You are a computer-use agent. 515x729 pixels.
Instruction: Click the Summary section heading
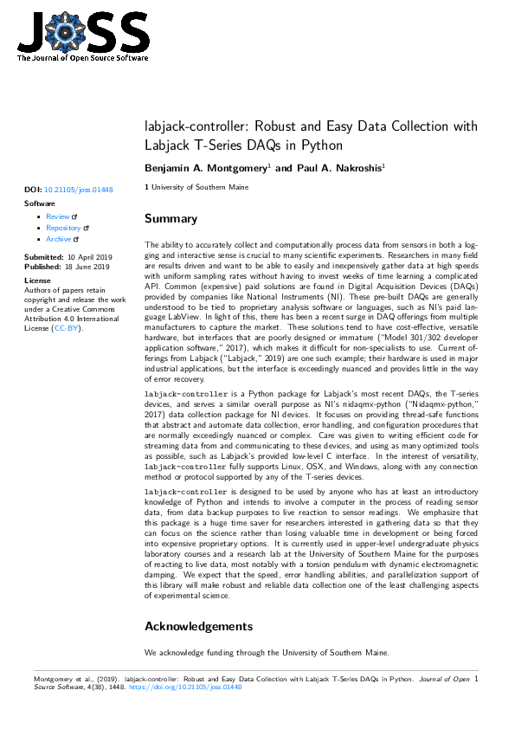click(171, 219)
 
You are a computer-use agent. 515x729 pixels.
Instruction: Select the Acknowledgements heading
click(198, 626)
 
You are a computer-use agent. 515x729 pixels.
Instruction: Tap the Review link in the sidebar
click(58, 216)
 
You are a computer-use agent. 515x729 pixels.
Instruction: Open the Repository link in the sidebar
click(63, 228)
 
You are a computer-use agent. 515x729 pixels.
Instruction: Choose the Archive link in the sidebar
click(60, 239)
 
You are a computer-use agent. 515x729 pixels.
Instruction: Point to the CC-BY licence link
click(66, 329)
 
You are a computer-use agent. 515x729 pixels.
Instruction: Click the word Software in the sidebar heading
click(39, 203)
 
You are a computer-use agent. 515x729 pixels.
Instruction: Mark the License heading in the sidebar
click(37, 281)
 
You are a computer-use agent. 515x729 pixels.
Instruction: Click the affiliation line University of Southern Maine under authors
click(200, 187)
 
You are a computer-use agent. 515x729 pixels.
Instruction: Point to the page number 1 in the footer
click(476, 679)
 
